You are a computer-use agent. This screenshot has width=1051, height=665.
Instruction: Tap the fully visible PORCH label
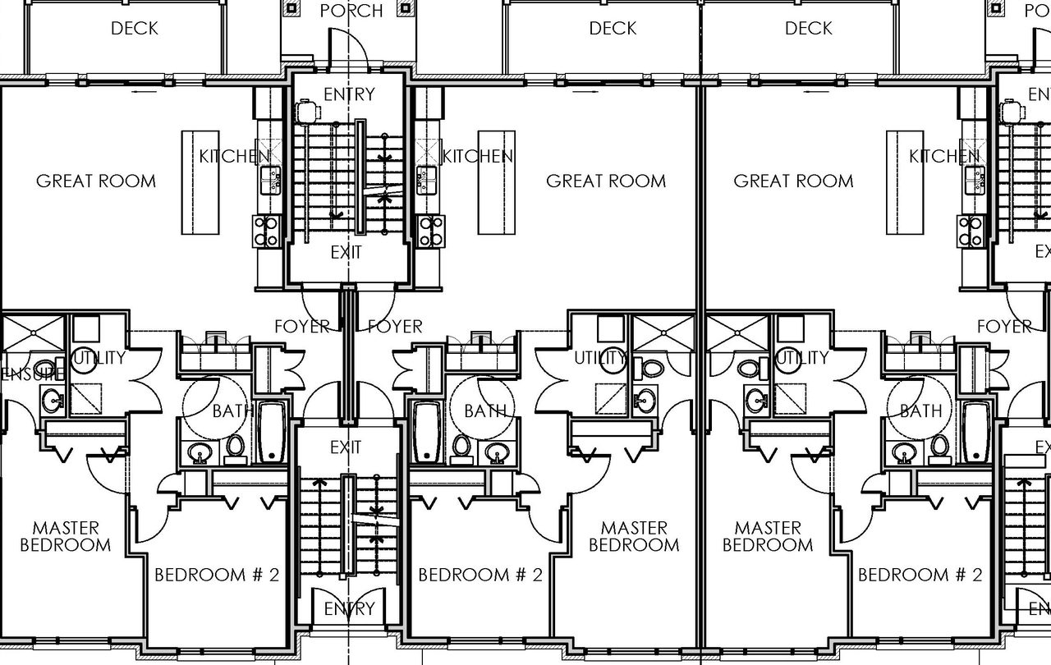click(351, 11)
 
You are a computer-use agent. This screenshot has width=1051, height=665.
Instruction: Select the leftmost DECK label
click(135, 29)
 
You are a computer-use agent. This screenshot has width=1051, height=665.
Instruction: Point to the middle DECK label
click(613, 29)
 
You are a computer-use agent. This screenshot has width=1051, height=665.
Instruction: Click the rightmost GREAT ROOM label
click(793, 181)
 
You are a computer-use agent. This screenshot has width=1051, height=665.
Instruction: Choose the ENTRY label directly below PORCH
click(349, 94)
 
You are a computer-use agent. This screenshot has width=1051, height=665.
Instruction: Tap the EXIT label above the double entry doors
click(346, 447)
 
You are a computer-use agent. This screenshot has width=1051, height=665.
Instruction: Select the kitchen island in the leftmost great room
click(200, 182)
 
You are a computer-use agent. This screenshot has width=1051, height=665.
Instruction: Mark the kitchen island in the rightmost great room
click(905, 182)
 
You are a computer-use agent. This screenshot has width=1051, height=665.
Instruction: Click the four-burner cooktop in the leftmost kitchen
click(267, 231)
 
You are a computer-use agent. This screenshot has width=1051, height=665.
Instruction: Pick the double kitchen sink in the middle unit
click(426, 180)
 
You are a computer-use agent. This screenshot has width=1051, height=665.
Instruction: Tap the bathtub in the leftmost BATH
click(272, 433)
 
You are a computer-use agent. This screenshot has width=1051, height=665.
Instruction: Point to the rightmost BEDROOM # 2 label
click(920, 575)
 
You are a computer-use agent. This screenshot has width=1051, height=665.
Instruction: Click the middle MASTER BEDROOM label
click(634, 536)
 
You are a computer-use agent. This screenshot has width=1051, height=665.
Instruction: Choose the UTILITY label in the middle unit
click(599, 358)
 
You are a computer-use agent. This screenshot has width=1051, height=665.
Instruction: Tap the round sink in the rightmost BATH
click(904, 452)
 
